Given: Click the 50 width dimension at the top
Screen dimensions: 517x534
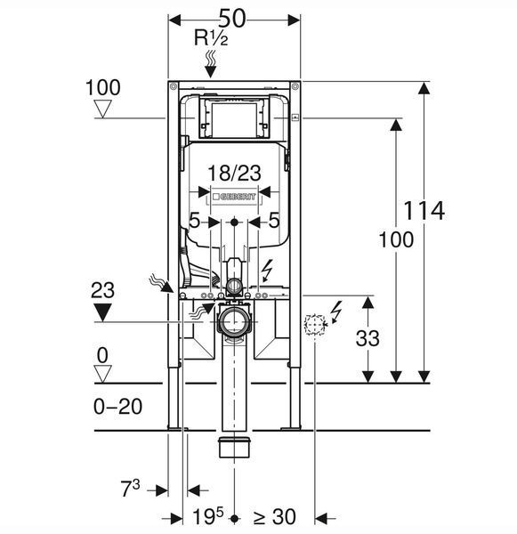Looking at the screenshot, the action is tap(232, 18).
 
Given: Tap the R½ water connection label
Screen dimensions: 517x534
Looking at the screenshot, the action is tap(211, 37).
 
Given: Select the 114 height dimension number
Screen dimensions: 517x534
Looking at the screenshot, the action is tap(424, 211).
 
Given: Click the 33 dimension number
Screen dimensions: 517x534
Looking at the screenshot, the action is tap(368, 338).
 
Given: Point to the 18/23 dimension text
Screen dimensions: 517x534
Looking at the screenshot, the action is tap(234, 173).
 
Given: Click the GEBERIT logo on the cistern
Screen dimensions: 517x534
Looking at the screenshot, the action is tap(234, 197).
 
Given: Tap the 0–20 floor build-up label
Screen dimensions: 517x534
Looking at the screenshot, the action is tap(117, 407).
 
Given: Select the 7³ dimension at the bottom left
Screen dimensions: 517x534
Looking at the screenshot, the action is tap(131, 488).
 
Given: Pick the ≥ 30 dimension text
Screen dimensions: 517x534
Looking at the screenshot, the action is tap(274, 517).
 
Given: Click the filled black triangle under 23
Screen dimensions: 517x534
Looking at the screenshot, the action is tap(102, 312).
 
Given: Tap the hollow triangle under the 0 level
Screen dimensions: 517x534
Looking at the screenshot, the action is tap(102, 374).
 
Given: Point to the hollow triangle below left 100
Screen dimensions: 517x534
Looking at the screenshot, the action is tap(102, 109).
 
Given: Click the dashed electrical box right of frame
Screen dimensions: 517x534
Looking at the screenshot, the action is tap(314, 324).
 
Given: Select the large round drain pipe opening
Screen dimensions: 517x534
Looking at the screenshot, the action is tap(234, 321).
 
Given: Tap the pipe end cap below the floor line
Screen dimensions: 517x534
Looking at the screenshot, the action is tap(234, 447).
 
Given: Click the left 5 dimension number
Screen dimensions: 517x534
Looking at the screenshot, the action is tap(194, 221).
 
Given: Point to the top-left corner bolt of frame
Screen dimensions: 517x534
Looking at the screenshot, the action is tap(173, 86).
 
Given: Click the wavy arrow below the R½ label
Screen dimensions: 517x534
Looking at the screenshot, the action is tap(211, 64).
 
